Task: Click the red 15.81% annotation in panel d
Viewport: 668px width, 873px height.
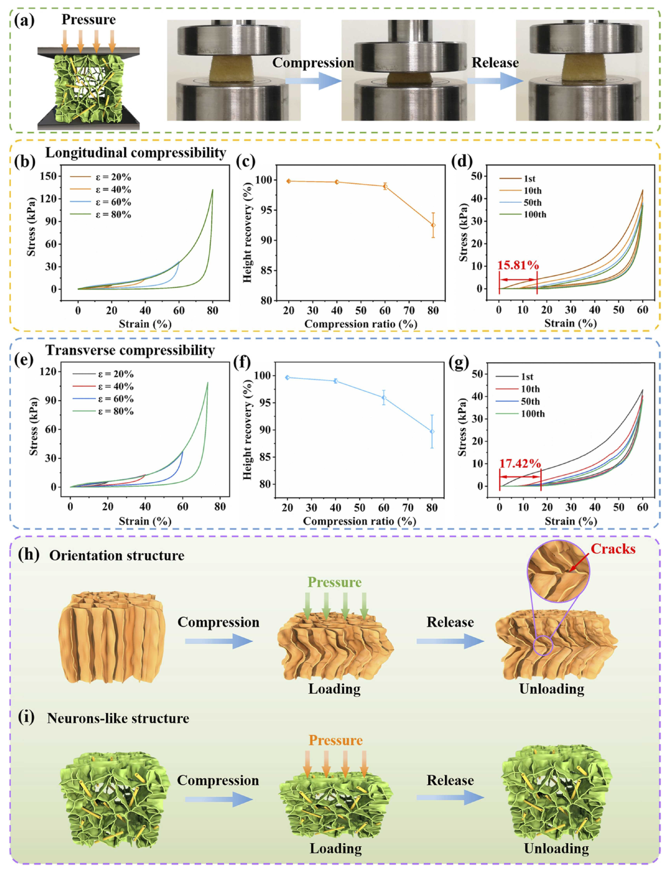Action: pos(518,265)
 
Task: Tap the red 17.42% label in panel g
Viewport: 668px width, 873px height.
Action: pos(520,463)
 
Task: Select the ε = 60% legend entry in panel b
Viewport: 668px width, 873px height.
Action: pos(113,202)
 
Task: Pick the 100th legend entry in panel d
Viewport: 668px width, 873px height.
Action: pos(534,215)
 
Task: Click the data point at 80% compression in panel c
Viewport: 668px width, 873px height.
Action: pos(433,225)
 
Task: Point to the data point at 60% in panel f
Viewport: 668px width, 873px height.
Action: pos(384,398)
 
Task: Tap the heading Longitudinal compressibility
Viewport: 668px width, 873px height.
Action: pos(136,153)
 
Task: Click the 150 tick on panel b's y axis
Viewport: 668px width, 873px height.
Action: pos(50,176)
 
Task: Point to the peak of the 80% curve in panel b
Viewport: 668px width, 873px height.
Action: pos(213,190)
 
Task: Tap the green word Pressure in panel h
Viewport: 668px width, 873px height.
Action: pos(334,582)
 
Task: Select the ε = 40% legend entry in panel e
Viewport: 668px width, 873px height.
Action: pos(116,386)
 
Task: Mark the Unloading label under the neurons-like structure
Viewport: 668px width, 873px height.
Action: pos(556,848)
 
